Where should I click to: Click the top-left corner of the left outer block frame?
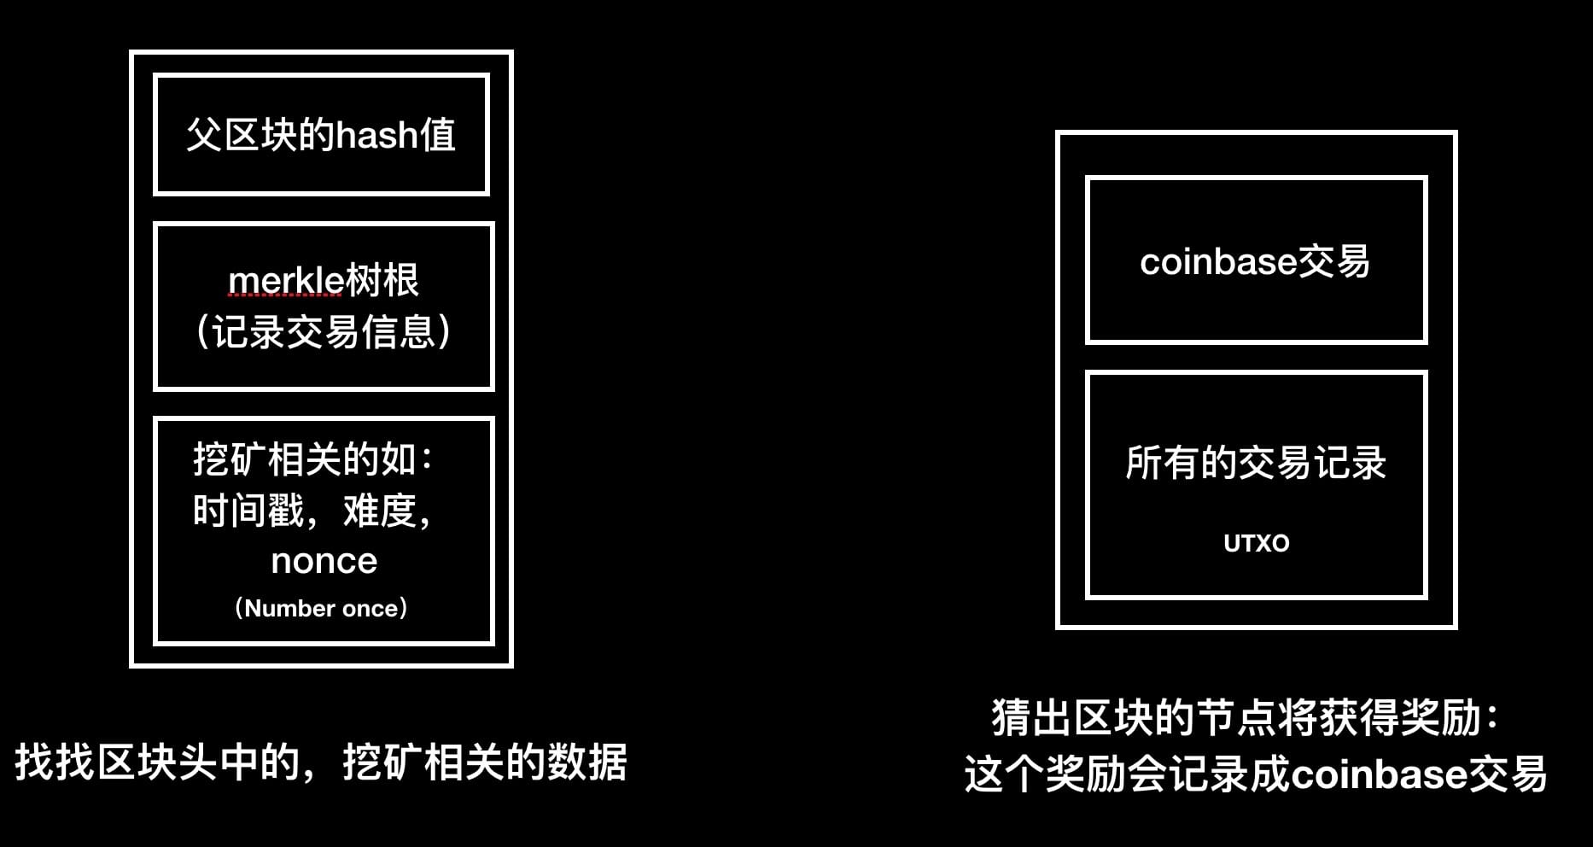pyautogui.click(x=131, y=51)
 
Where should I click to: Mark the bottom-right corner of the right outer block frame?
pyautogui.click(x=1456, y=628)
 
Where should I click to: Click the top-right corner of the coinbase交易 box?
pyautogui.click(x=1426, y=178)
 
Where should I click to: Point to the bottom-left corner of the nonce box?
pyautogui.click(x=155, y=643)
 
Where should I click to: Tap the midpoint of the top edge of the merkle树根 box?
pyautogui.click(x=324, y=224)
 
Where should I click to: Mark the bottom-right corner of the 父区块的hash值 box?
pyautogui.click(x=487, y=193)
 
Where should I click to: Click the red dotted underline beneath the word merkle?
pyautogui.click(x=285, y=295)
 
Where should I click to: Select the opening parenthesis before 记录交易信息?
pyautogui.click(x=203, y=331)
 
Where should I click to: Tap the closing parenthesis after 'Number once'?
pyautogui.click(x=403, y=608)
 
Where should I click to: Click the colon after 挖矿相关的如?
pyautogui.click(x=427, y=461)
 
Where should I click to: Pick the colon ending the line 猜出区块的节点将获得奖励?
pyautogui.click(x=1491, y=718)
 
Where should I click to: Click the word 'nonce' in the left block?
pyautogui.click(x=324, y=561)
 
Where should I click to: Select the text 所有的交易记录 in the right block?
pyautogui.click(x=1256, y=463)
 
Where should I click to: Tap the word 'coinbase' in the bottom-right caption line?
pyautogui.click(x=1379, y=774)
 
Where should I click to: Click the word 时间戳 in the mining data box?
pyautogui.click(x=248, y=511)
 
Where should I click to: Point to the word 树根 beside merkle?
pyautogui.click(x=382, y=281)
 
